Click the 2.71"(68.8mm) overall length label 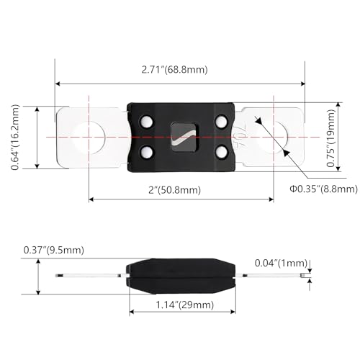tap(174, 70)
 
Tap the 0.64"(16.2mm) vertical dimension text tap(15, 138)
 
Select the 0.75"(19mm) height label tap(330, 138)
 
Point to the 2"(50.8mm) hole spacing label tap(174, 190)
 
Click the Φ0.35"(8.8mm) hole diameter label tap(323, 189)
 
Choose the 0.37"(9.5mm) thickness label tap(54, 250)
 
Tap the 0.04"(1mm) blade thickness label tap(281, 263)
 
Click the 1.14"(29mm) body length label tap(185, 305)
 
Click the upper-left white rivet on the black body tap(146, 122)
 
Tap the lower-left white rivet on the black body tap(146, 153)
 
